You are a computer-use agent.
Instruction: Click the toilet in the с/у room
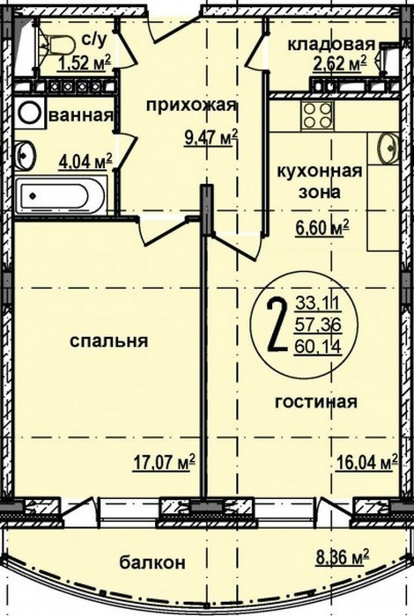58,44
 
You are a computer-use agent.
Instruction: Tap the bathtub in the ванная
62,195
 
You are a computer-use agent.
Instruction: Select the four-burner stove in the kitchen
318,115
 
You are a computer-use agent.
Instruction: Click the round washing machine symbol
29,112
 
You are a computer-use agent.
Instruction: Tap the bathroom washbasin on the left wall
25,155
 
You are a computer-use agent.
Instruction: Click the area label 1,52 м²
85,62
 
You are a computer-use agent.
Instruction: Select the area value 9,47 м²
211,139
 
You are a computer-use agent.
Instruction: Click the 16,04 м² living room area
367,462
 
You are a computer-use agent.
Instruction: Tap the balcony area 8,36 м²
343,557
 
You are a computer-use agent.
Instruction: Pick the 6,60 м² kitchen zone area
322,228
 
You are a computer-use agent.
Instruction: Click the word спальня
109,341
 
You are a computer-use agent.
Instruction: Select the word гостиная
315,402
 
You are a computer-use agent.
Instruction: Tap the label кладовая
331,44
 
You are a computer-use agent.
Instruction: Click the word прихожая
191,106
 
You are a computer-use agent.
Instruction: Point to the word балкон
152,562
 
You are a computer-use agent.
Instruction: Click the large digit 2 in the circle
277,326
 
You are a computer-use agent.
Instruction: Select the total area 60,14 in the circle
318,346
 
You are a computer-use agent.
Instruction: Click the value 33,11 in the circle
318,303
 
